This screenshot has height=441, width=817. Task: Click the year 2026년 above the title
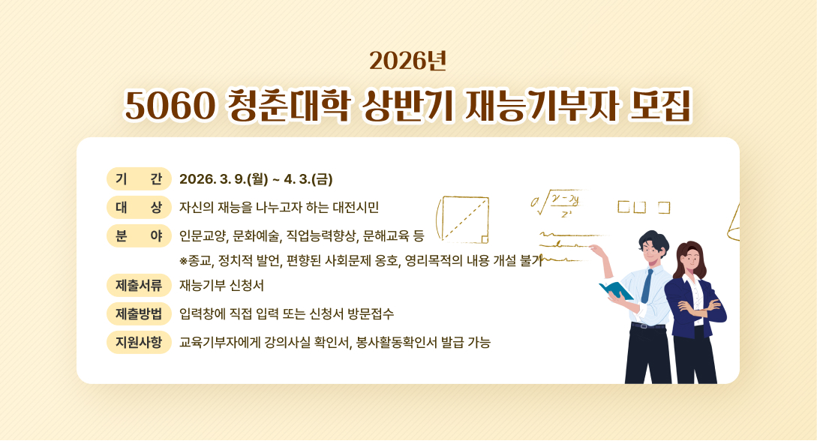pyautogui.click(x=408, y=61)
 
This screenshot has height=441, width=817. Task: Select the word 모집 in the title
pyautogui.click(x=661, y=106)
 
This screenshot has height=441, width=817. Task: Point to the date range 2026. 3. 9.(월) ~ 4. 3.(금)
pyautogui.click(x=256, y=180)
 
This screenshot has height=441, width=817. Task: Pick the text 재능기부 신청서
pyautogui.click(x=221, y=286)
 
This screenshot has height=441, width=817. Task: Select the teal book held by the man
pyautogui.click(x=614, y=289)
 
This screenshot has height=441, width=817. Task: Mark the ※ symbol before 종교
pyautogui.click(x=184, y=262)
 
